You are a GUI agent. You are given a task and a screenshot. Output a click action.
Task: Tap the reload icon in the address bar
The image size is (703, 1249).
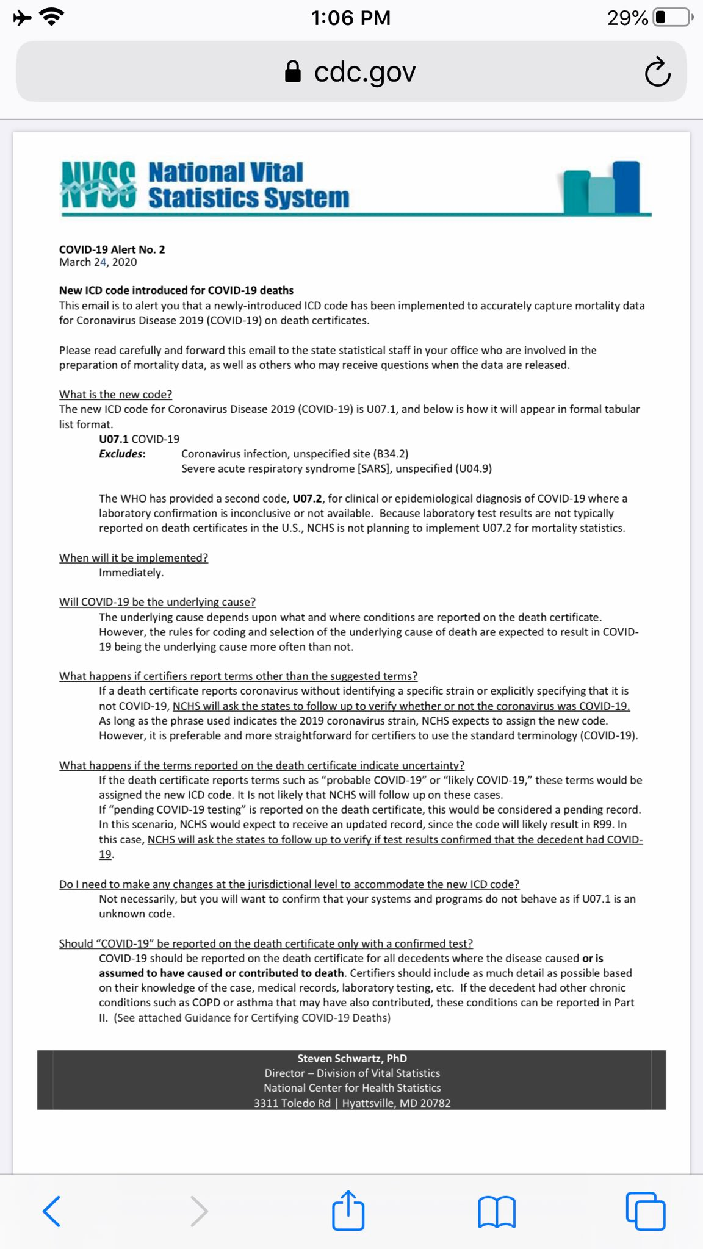pos(657,72)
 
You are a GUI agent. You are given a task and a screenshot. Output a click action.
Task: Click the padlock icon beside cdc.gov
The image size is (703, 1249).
pos(293,72)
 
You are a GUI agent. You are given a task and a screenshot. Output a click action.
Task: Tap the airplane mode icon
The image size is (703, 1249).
pos(23,18)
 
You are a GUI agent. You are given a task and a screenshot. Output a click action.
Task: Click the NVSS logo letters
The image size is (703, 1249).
pos(98,185)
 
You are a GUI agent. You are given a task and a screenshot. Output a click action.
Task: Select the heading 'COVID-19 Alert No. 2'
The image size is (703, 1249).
pos(112,249)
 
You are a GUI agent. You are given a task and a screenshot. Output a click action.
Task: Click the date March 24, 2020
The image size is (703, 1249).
pos(98,262)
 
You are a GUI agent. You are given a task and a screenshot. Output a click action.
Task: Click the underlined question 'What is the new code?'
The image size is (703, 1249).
pos(115,395)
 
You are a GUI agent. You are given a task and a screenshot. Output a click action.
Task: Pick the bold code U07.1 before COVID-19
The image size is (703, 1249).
pos(114,439)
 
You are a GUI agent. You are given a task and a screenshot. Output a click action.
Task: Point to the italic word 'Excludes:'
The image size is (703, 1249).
pos(122,454)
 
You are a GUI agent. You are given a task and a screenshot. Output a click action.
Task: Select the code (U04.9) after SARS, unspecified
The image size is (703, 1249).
pos(474,468)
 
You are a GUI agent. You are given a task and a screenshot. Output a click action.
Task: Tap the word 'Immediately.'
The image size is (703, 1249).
pos(131,573)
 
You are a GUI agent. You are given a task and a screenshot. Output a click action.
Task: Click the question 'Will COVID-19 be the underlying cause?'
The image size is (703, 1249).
pos(157,602)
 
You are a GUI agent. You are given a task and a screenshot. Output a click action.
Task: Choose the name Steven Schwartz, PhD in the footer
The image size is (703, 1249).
pos(351,1059)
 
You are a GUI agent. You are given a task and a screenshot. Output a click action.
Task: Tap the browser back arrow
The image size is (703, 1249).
pos(52,1211)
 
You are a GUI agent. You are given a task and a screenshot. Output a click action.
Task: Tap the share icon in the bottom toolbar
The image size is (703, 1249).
pos(348,1210)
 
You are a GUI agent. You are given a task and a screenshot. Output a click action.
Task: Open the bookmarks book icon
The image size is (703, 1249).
pos(497,1211)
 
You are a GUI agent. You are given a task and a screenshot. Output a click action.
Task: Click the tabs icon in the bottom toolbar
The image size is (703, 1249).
pos(646,1211)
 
